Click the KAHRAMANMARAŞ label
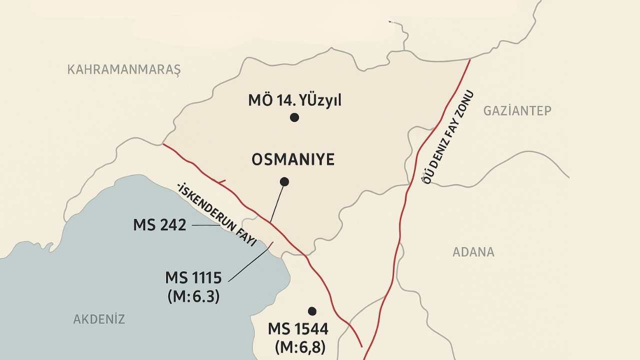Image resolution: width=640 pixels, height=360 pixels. point(123,69)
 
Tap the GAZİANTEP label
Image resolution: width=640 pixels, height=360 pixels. point(517,110)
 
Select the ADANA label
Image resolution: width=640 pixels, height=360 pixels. point(473,252)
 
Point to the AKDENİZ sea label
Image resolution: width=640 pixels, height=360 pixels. point(99,319)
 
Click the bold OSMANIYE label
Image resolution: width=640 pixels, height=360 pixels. point(293,160)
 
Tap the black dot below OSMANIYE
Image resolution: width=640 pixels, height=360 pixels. point(284,181)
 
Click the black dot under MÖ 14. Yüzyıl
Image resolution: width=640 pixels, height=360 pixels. point(294,117)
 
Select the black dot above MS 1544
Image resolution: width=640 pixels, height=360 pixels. point(312,311)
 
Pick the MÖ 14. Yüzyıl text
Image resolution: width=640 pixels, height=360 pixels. point(294,100)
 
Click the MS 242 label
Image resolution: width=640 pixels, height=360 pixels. point(159,225)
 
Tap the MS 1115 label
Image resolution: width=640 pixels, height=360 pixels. point(193,277)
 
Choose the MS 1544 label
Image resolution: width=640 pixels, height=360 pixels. point(298,329)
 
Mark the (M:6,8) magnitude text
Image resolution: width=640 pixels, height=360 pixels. point(300,347)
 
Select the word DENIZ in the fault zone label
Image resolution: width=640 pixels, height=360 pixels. point(438,151)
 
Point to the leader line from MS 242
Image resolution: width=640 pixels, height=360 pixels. point(205,225)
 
